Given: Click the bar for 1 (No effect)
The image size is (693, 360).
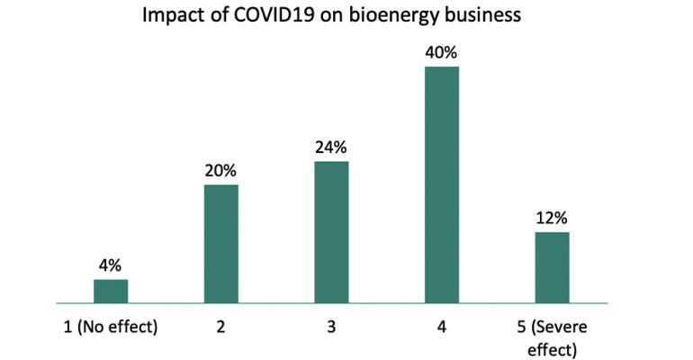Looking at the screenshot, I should [x=111, y=292].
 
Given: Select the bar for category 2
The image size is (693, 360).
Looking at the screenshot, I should [x=220, y=244].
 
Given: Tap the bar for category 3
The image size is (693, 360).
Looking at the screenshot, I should [x=331, y=232].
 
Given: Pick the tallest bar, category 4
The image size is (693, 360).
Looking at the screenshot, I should [x=442, y=184].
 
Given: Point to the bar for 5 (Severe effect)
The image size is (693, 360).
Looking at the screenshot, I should [x=552, y=267].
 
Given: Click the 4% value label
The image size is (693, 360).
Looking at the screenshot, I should [x=111, y=265].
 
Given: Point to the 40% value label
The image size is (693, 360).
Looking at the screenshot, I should [x=442, y=52].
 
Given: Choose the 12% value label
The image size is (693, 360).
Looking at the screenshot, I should [x=552, y=218].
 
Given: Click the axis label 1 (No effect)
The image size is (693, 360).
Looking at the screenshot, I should [x=111, y=328].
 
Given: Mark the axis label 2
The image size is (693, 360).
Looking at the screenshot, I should [x=220, y=328].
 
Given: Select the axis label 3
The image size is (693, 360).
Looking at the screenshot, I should [x=331, y=328].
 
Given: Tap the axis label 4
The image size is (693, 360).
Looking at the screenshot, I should [x=442, y=328].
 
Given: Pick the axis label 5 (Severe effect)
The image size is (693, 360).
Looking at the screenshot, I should [x=552, y=337].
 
